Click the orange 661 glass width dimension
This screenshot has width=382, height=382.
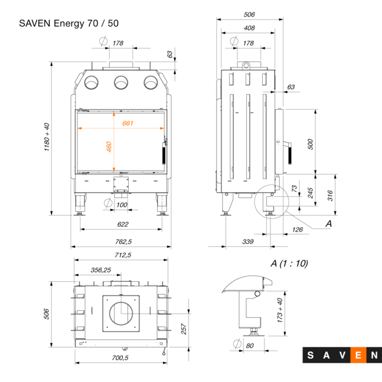(x=128, y=123)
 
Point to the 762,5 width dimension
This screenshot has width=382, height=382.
(x=122, y=241)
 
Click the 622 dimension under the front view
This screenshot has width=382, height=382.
(x=123, y=224)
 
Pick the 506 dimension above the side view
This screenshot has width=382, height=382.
(x=249, y=14)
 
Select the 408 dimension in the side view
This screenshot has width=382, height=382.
(x=249, y=28)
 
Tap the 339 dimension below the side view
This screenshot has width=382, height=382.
(x=248, y=241)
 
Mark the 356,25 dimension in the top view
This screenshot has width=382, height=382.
(x=100, y=269)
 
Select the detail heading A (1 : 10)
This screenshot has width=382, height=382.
(x=289, y=263)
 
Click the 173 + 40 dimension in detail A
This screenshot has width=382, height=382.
(x=280, y=310)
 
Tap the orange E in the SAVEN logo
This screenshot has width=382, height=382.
(x=358, y=355)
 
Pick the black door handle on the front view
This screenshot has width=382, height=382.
(x=164, y=155)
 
